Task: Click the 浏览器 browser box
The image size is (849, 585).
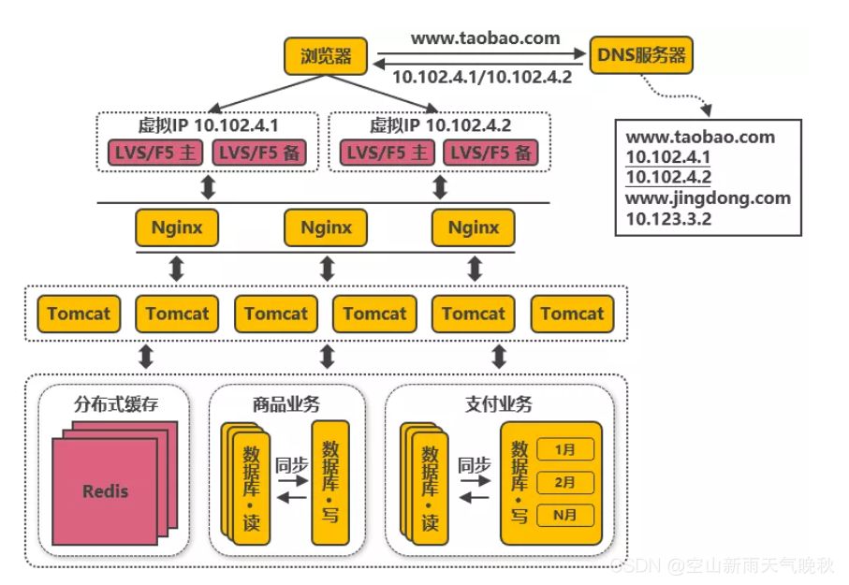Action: click(326, 56)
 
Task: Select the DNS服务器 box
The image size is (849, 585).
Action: click(641, 56)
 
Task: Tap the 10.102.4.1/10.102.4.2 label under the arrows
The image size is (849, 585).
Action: click(481, 78)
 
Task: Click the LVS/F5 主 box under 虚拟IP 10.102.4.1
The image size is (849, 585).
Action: click(154, 153)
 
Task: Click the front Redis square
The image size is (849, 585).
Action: click(105, 490)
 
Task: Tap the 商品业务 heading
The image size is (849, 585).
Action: click(285, 404)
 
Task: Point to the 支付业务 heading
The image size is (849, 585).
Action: click(498, 404)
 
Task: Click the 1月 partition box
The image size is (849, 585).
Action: click(564, 450)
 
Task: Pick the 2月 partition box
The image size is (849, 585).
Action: click(564, 482)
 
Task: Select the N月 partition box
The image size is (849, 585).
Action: click(564, 515)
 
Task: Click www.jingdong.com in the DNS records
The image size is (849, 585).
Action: click(708, 198)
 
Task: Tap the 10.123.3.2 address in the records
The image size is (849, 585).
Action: click(668, 219)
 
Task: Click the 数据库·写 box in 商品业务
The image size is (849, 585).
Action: click(329, 481)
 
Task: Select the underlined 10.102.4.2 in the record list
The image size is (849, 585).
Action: click(668, 177)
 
